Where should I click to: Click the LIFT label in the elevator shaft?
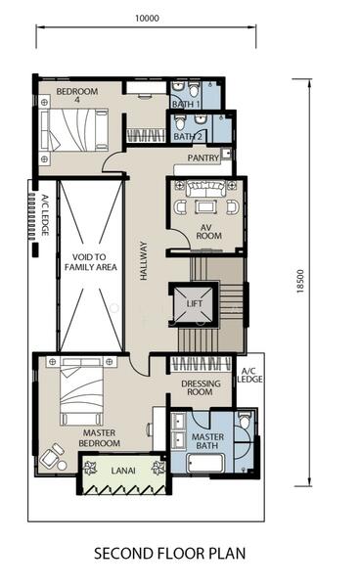(195, 303)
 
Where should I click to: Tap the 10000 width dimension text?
(147, 18)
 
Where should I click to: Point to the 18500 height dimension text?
(300, 281)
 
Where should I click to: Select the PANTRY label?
(203, 158)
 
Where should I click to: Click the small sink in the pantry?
(225, 154)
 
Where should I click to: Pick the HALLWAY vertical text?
(144, 260)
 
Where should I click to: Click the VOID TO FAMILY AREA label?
(91, 262)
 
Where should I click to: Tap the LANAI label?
(123, 471)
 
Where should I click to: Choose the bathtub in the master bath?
(205, 464)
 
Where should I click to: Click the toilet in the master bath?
(245, 421)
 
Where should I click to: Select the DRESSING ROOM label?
(201, 387)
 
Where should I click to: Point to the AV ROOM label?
(208, 232)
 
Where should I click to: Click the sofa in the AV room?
(205, 188)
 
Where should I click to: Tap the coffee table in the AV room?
(205, 206)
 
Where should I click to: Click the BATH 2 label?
(188, 137)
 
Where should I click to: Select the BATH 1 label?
(186, 104)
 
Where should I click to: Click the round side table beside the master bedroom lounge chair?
(62, 466)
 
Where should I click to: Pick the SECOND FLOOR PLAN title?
(169, 554)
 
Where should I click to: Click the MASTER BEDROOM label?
(99, 438)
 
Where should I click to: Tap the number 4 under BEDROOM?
(77, 100)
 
